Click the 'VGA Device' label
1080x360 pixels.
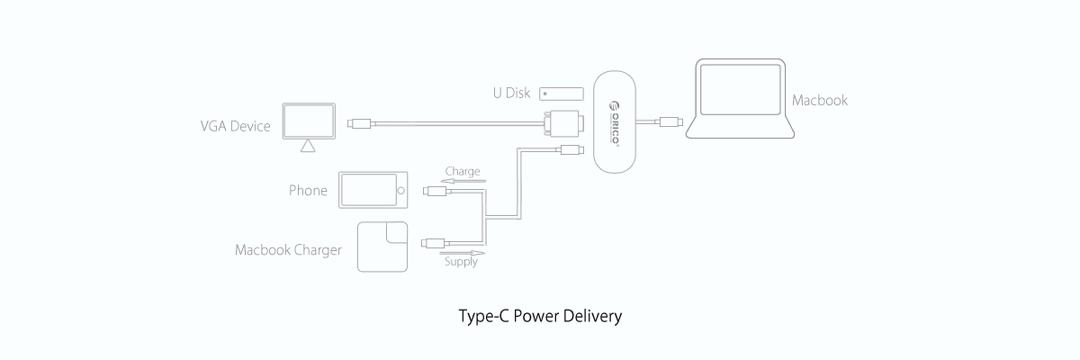235,126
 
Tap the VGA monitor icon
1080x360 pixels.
309,123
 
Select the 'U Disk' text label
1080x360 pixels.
510,93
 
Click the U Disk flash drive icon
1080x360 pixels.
561,94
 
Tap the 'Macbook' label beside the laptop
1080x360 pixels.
820,100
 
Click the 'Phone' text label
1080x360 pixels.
308,191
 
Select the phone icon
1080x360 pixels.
373,191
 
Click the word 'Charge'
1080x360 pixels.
462,171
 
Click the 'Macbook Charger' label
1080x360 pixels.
288,250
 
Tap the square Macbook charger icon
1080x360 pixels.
382,246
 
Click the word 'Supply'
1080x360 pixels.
461,263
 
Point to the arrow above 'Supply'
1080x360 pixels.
461,253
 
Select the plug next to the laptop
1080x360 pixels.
670,121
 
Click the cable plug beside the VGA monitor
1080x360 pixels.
360,122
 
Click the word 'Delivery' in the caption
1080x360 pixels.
590,318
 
